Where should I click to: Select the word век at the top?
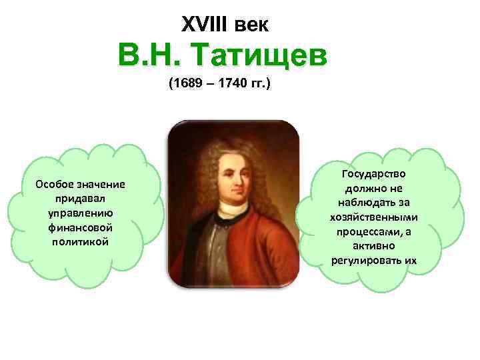click(253, 25)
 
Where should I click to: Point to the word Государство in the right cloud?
click(373, 174)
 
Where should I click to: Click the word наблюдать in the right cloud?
click(373, 203)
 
